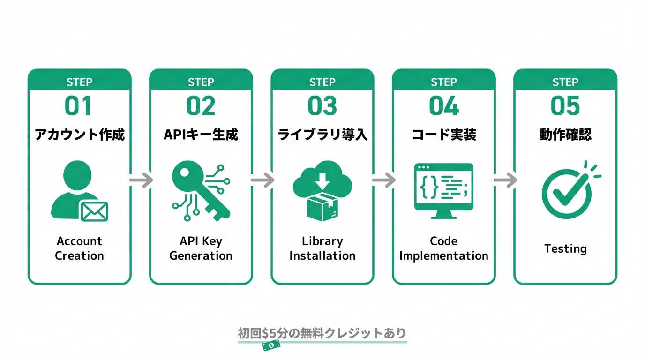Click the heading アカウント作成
[79, 135]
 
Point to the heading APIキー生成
[201, 135]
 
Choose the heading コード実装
[443, 135]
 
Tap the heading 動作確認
[565, 135]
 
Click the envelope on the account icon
[94, 211]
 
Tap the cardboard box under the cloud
[322, 208]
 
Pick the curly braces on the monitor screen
[429, 187]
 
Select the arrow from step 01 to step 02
[141, 180]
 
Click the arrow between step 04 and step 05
[505, 180]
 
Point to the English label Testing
[565, 248]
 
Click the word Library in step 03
[322, 241]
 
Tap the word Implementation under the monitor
[443, 256]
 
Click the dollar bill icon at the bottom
[271, 346]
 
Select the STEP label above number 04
[443, 82]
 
